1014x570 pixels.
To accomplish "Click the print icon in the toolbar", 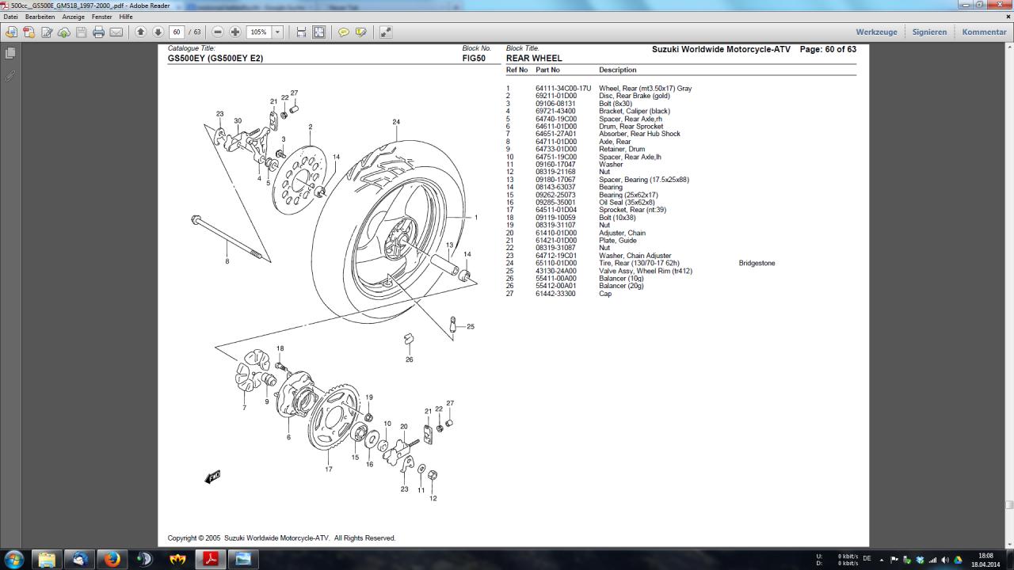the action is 98,32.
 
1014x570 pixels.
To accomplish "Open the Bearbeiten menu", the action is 40,17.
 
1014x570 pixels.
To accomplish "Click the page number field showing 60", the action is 177,32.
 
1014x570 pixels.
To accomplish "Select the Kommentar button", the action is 984,32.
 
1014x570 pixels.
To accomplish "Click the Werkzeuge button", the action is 876,32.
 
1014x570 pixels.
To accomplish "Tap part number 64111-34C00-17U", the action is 563,88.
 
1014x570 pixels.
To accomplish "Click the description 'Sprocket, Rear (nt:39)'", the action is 632,210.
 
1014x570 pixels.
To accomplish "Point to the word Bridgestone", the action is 757,263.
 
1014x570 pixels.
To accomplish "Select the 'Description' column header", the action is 617,70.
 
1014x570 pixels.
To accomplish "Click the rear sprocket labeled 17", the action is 334,417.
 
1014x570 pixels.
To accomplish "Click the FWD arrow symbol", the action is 212,477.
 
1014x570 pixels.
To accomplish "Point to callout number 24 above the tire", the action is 396,122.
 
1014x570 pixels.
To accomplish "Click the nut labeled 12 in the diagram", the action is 433,475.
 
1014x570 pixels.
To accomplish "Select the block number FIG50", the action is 474,58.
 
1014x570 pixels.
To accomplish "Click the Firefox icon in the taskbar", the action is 112,559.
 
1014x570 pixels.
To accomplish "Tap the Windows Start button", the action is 13,559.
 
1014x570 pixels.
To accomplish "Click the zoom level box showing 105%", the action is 259,32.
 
